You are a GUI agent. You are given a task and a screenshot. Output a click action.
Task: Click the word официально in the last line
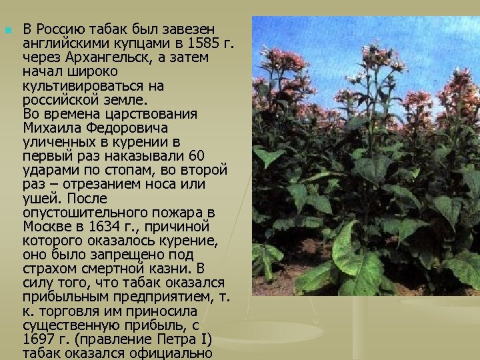(175, 353)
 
